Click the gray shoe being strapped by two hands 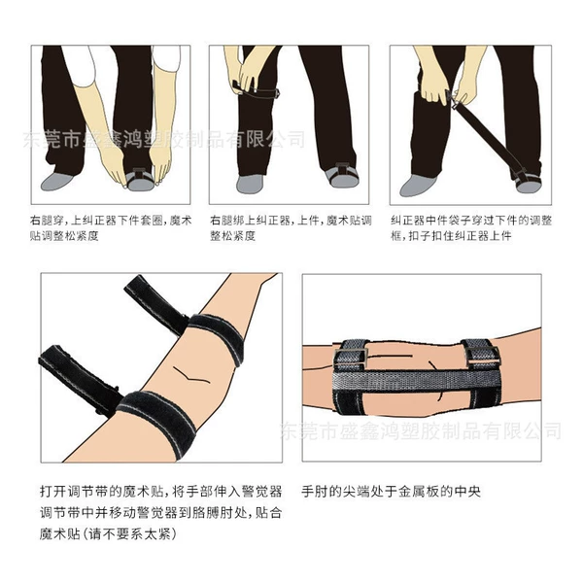(x=140, y=181)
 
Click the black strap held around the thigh (x=257, y=89)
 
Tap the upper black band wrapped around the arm (x=218, y=336)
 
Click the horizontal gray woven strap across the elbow (x=417, y=380)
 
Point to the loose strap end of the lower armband (x=78, y=379)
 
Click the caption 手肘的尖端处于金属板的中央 (x=391, y=492)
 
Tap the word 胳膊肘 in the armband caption (x=213, y=513)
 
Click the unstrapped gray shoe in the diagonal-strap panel (x=418, y=186)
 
